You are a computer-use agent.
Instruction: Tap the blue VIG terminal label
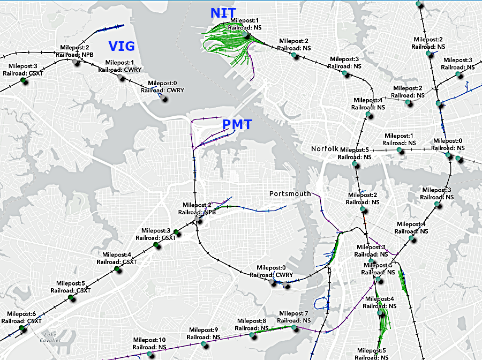122,46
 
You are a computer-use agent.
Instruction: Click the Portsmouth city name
290,193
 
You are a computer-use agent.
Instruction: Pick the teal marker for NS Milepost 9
204,343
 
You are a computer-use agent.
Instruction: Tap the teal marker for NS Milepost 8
252,335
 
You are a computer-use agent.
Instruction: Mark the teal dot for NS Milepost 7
293,327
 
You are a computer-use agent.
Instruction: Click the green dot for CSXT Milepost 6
21,328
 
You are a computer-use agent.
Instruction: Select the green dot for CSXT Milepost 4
116,269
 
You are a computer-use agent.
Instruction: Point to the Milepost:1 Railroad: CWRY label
116,66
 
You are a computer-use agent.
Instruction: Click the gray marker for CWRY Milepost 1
121,78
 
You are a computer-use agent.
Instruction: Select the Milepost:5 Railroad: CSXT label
67,287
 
